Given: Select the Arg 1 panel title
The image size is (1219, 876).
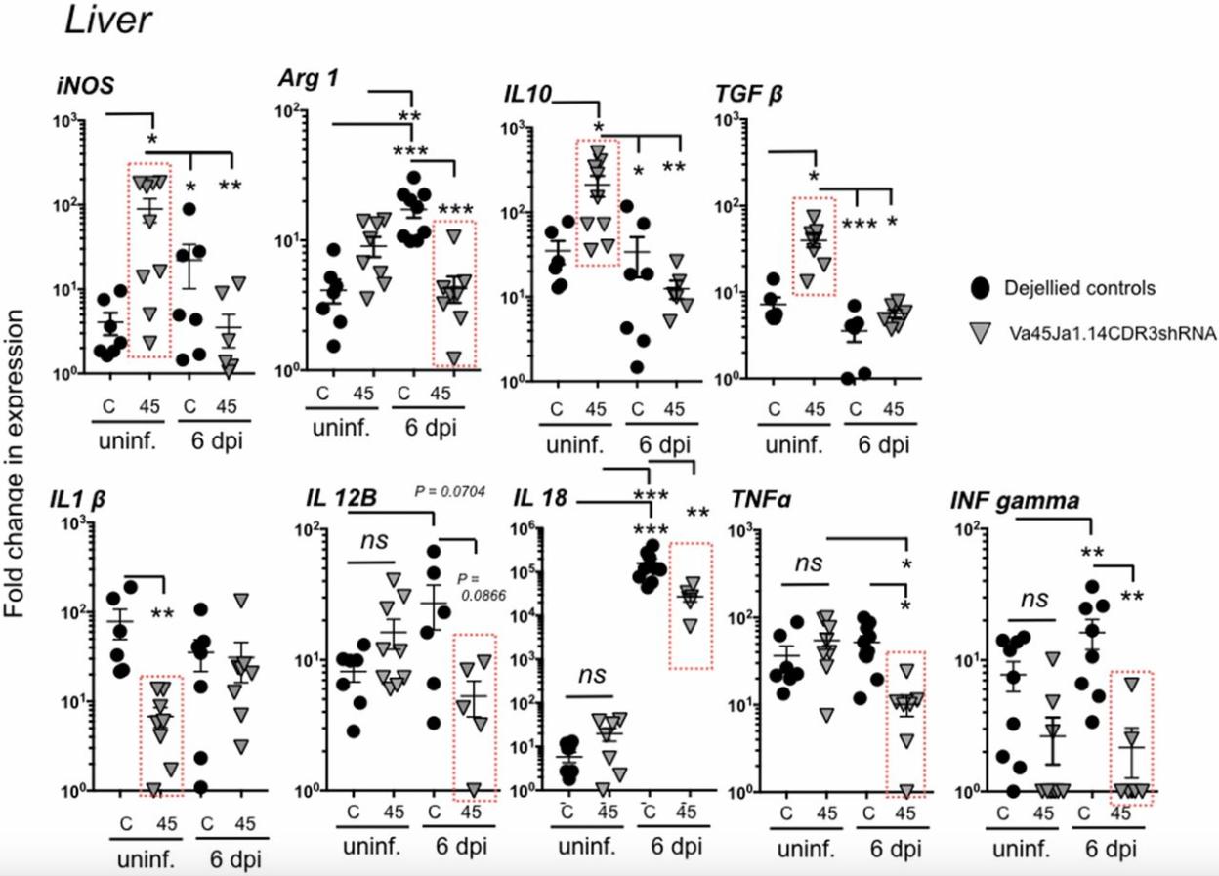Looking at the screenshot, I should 305,79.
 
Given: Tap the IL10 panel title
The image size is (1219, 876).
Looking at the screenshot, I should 527,93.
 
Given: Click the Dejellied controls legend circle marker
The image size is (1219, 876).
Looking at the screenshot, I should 981,288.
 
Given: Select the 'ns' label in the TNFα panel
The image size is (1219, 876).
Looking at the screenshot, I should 809,563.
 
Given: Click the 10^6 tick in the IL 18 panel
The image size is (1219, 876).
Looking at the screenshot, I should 546,528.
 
